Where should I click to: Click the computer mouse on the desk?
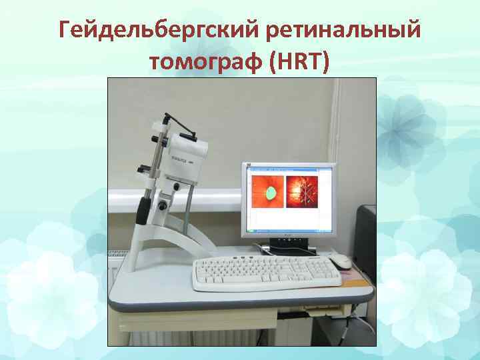(342, 261)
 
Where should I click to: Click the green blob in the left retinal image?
(271, 193)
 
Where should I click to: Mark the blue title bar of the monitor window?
(288, 168)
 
